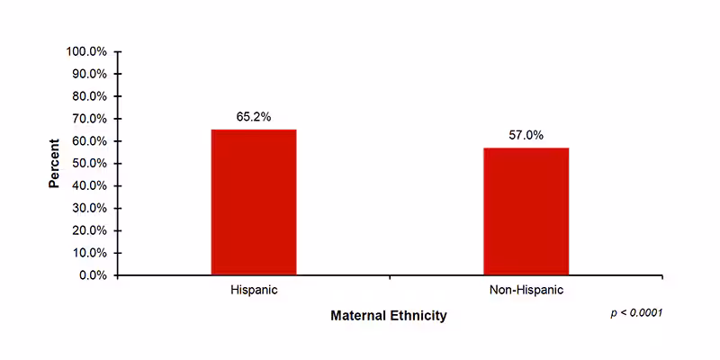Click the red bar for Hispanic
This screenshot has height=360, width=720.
(254, 202)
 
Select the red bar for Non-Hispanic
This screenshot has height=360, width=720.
(526, 211)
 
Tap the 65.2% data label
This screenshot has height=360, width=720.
(254, 117)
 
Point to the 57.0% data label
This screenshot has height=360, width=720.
(526, 135)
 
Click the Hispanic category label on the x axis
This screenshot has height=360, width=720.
(254, 291)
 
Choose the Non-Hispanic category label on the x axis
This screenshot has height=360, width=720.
(526, 291)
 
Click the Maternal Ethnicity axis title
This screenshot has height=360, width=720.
(388, 316)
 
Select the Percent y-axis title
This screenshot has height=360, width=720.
(54, 163)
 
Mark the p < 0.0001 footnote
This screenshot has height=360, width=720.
(636, 312)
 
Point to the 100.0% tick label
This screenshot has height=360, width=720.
(86, 51)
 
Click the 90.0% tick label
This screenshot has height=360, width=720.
(89, 74)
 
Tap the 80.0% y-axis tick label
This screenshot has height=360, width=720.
(89, 96)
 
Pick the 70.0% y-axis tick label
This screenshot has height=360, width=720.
(89, 119)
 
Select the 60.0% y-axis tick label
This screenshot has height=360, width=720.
(89, 141)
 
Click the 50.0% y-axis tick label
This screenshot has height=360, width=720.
(89, 163)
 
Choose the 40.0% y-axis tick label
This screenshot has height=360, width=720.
(89, 185)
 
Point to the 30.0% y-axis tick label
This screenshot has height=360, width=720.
(89, 208)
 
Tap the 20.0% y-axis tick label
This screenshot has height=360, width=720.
(89, 230)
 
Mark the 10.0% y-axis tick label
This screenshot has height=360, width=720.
(89, 253)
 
